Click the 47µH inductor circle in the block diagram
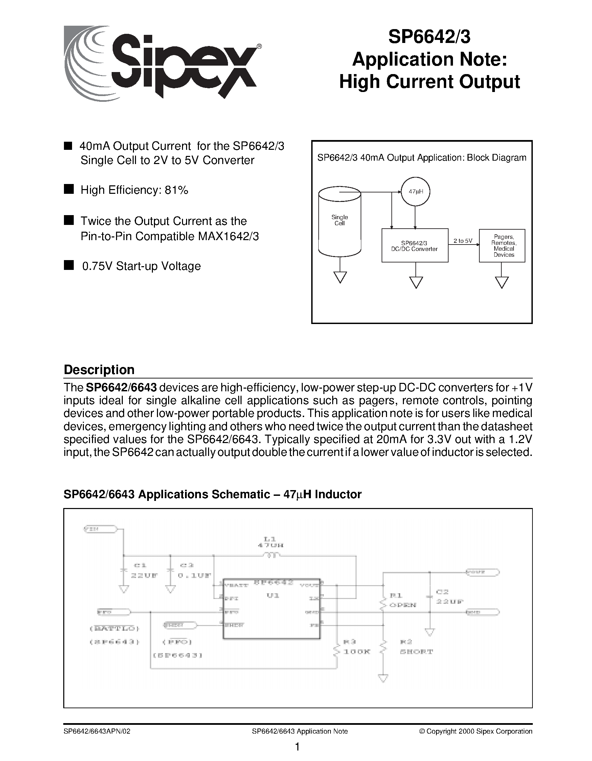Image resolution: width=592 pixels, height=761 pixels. point(415,191)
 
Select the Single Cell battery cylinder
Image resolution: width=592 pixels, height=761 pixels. point(340,221)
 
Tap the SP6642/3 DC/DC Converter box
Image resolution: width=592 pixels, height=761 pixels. point(415,246)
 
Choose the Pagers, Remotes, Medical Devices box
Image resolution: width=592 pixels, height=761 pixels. point(502,246)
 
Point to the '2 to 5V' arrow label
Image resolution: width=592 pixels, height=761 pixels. point(463,241)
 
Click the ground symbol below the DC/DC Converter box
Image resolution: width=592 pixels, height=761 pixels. point(416,282)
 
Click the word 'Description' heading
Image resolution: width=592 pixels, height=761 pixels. point(99,370)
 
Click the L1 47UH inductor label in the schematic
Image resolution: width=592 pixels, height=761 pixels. point(270,542)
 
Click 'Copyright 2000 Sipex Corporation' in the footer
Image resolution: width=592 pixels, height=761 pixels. point(476,731)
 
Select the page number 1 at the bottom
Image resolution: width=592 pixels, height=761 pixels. point(297,747)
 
